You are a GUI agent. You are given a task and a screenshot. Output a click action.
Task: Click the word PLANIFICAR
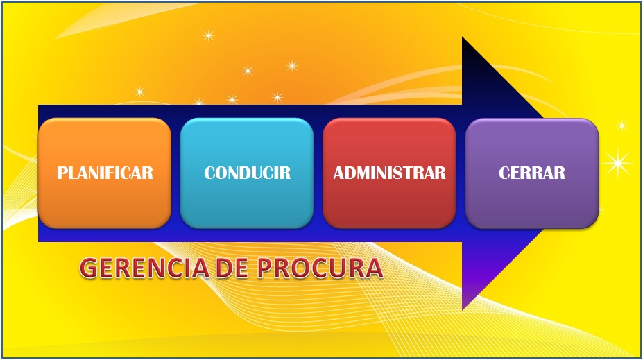coord(105,173)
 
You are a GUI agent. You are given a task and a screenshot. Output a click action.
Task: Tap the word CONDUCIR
coord(247,173)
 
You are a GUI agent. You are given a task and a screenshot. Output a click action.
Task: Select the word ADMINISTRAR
coord(389,173)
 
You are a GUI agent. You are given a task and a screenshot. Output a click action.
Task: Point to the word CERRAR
coord(531,172)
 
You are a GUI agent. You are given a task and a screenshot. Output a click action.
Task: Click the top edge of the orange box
coord(104,119)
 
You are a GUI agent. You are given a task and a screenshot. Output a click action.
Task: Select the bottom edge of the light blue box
coord(247,227)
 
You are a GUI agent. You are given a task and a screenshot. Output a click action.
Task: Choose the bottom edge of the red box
coord(389,227)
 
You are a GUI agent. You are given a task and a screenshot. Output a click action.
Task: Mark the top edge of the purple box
coord(531,119)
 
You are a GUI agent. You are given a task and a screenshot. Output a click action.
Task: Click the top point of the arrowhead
coord(463,38)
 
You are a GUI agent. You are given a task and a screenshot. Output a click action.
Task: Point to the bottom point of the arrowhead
coord(463,309)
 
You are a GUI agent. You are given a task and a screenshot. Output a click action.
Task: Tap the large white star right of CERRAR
coord(617,164)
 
